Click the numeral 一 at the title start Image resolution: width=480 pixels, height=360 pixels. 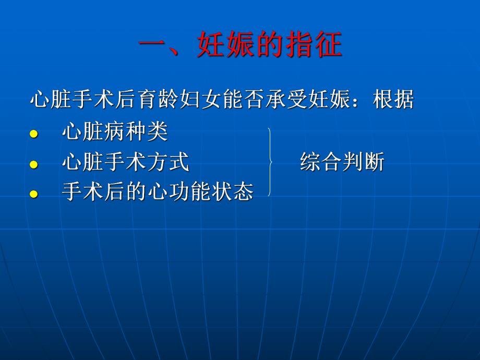(x=156, y=46)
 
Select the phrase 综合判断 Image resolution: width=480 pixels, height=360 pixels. (x=342, y=163)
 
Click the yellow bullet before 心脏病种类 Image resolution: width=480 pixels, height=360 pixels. (x=34, y=135)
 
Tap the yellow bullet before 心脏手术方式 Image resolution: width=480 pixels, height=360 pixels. (x=34, y=165)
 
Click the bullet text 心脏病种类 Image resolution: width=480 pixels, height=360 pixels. (x=115, y=133)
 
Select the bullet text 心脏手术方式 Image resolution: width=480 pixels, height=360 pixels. (x=125, y=163)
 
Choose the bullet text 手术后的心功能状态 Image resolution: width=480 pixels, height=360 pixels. (x=158, y=193)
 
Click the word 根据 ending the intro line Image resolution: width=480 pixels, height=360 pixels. (x=393, y=100)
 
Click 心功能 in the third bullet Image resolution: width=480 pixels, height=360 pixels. (x=178, y=193)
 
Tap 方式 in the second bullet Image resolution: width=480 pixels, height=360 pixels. (x=168, y=163)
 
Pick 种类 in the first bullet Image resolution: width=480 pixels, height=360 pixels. (x=147, y=133)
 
